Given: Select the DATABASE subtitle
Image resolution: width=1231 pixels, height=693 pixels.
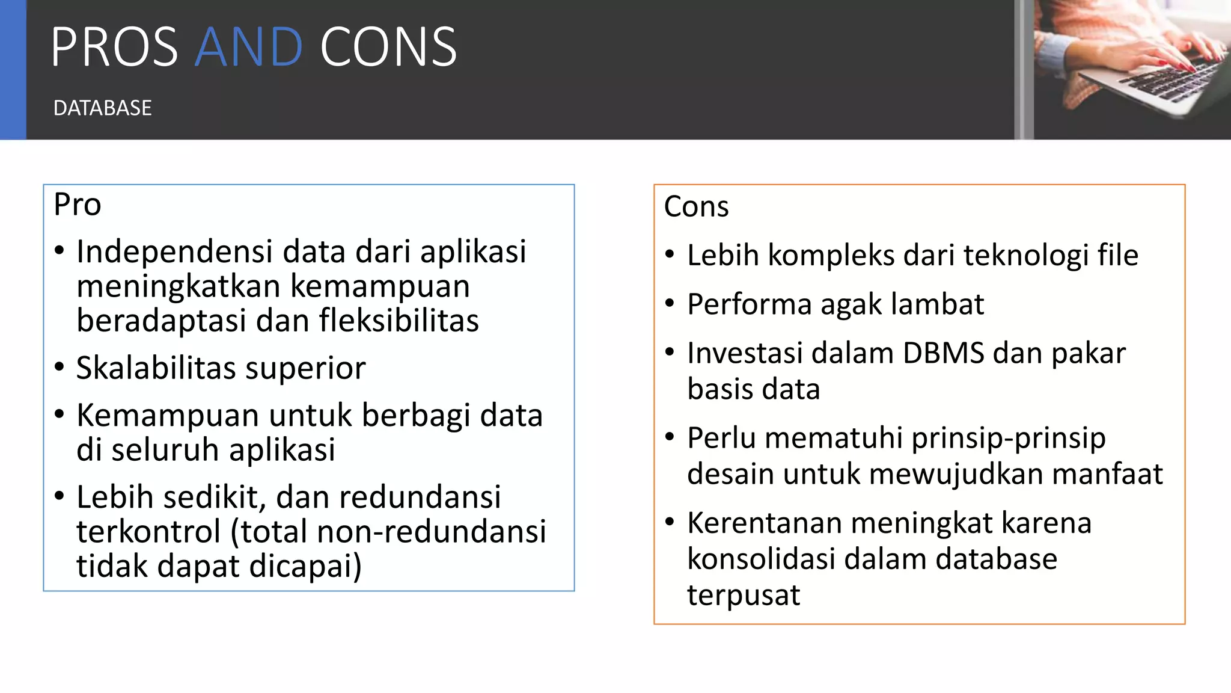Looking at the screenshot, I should [x=102, y=108].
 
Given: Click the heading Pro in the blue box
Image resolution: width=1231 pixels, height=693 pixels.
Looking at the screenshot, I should [x=77, y=205].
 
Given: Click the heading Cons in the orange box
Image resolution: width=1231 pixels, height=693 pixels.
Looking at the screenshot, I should [x=696, y=206].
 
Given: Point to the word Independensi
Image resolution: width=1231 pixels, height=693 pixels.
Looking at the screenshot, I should [x=175, y=251].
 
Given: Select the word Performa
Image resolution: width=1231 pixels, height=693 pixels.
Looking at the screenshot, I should [x=748, y=304].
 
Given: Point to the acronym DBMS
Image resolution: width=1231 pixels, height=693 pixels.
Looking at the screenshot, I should [x=944, y=353].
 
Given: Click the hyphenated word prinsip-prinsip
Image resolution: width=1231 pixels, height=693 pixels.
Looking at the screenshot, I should [x=1008, y=439].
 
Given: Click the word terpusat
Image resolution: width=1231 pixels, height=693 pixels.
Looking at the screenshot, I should [x=743, y=595].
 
